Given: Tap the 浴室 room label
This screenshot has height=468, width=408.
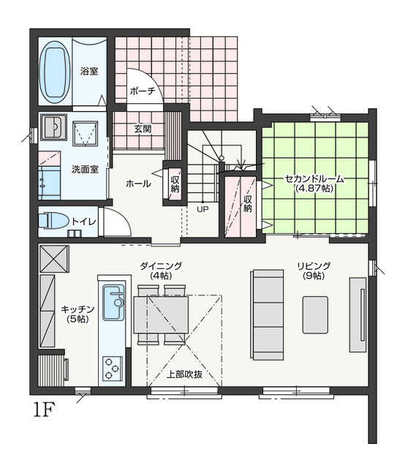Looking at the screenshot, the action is click(x=89, y=72).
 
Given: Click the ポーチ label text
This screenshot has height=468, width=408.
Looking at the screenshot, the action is click(x=143, y=91).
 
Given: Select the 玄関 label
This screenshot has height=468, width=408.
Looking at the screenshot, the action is click(x=143, y=129).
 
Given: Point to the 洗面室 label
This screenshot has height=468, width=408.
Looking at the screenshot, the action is click(x=85, y=169).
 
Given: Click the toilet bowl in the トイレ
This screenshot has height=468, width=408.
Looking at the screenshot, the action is click(x=53, y=221).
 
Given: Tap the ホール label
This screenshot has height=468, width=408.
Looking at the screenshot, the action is click(x=138, y=184).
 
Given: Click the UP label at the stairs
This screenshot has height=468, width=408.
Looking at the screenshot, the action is click(x=203, y=209).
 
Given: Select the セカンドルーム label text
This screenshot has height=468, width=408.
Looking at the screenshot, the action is click(x=314, y=178).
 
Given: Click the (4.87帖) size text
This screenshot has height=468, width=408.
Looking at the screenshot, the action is click(x=314, y=189).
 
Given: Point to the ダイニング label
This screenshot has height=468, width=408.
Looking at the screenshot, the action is click(x=161, y=265).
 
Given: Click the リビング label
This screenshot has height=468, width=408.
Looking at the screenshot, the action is click(x=314, y=265).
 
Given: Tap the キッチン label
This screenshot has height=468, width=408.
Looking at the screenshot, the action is click(x=78, y=309).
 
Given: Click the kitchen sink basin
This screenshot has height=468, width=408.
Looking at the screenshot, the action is click(x=113, y=302).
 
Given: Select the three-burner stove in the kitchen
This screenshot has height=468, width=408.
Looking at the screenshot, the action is click(x=113, y=369).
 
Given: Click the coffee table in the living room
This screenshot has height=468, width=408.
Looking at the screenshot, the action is click(x=315, y=314).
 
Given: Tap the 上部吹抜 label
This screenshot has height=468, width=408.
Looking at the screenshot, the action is click(x=184, y=374).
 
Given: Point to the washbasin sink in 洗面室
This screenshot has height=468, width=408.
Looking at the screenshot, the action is click(x=53, y=127).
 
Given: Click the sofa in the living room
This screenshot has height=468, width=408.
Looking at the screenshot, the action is click(x=268, y=315).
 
